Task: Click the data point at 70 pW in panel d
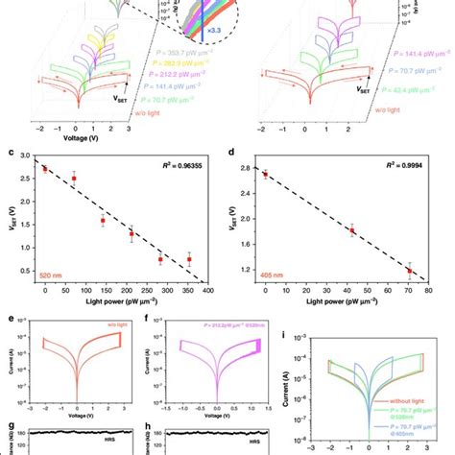tap(410, 271)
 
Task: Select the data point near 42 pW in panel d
tap(352, 231)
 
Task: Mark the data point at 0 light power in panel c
tap(45, 169)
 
